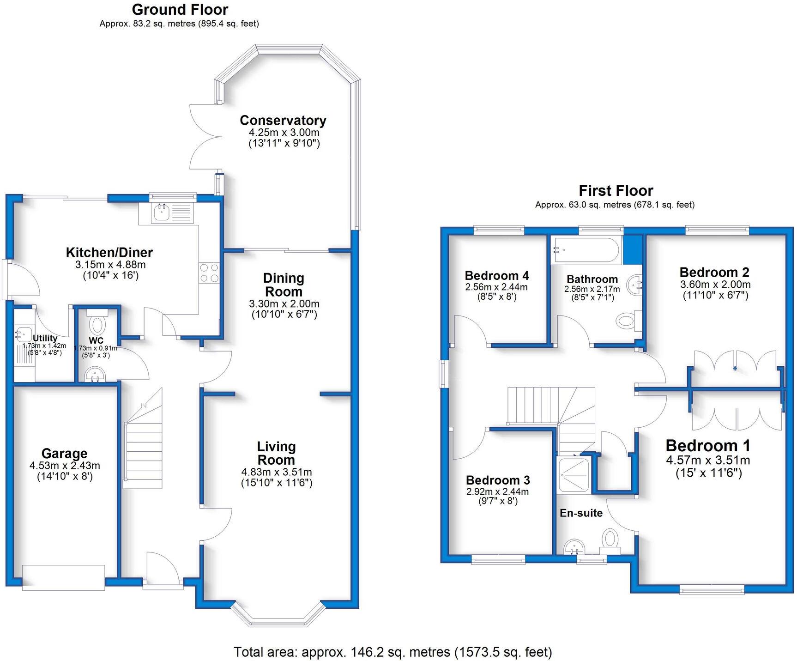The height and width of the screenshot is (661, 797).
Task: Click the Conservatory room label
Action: click(x=283, y=121)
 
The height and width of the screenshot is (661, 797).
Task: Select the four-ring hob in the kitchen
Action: click(x=208, y=273)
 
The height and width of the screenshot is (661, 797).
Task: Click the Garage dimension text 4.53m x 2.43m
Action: click(x=65, y=466)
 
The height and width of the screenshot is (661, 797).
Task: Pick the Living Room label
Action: click(x=276, y=453)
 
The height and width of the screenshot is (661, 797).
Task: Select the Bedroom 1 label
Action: click(x=708, y=446)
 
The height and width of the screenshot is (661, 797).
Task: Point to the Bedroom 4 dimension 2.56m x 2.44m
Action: click(x=496, y=287)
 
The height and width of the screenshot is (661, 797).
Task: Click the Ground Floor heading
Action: click(x=180, y=9)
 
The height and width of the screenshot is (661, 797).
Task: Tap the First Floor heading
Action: click(x=616, y=190)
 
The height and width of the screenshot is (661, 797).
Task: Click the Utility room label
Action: click(x=45, y=338)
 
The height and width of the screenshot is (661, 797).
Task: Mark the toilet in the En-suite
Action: click(x=610, y=540)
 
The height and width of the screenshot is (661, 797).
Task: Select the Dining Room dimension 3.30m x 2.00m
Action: click(x=284, y=304)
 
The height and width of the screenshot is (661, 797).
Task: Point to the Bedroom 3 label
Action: click(x=498, y=480)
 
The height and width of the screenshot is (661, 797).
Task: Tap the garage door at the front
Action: click(x=63, y=577)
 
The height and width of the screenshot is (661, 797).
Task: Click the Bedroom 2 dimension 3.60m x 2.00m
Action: click(x=715, y=285)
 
